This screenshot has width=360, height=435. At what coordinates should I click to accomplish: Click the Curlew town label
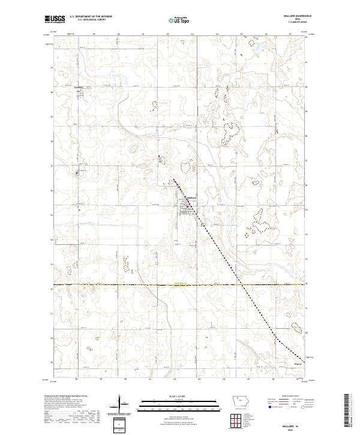point(77,85)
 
